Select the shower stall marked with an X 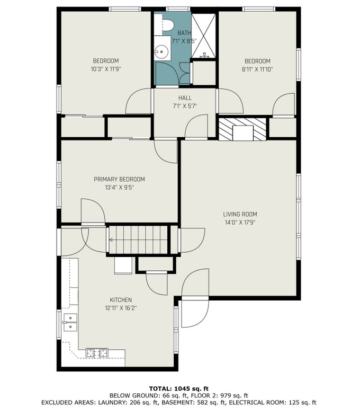203,36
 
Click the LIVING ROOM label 240,214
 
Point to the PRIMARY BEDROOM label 119,179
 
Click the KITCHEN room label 121,300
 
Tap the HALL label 185,98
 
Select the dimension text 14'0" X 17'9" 240,223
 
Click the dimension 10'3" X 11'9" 106,69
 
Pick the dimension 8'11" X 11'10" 257,69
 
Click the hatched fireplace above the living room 242,129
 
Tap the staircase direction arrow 111,240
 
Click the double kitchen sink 70,322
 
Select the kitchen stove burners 97,353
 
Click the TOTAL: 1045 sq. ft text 179,388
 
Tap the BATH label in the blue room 184,33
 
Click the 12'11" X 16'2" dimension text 121,308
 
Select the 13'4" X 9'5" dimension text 120,188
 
